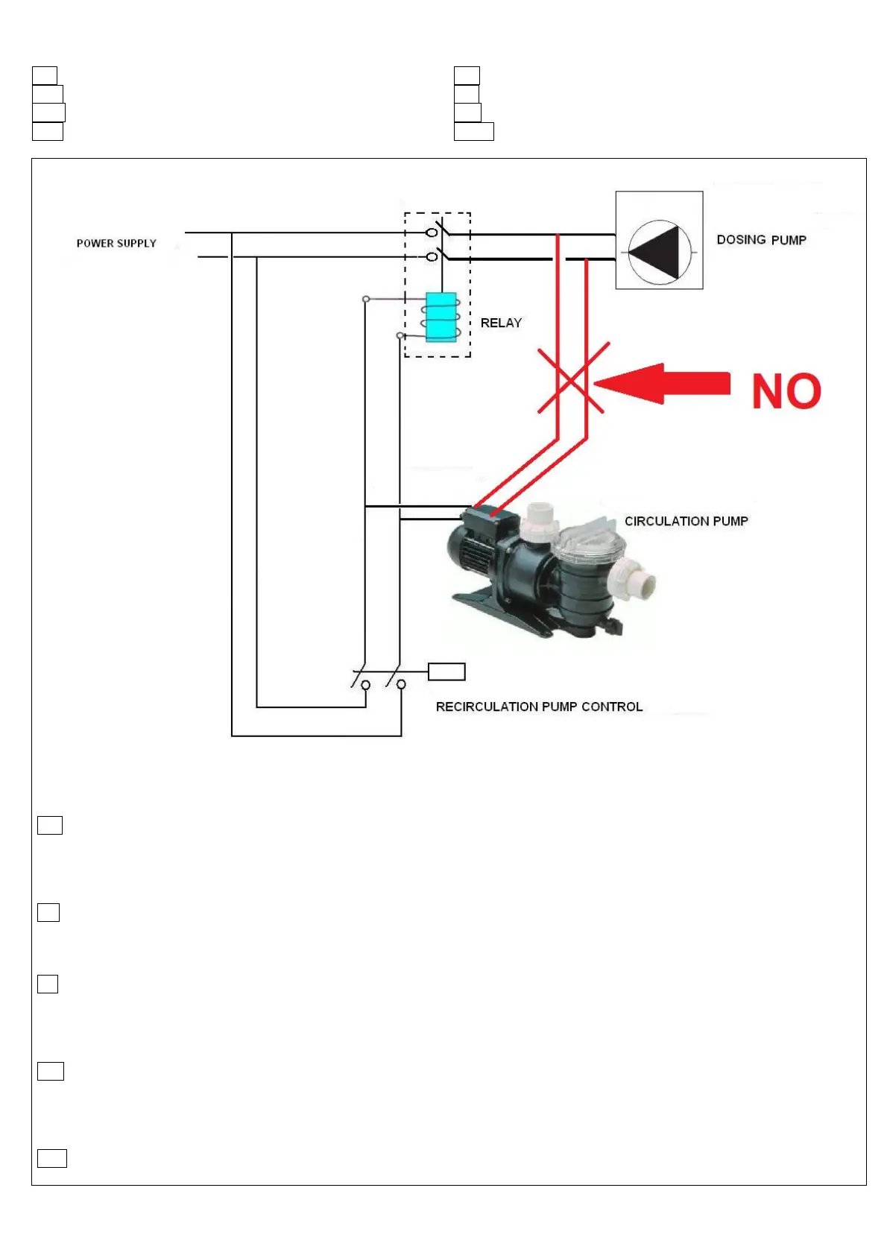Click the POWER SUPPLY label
coord(116,244)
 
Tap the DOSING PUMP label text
coord(761,240)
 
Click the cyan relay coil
coord(441,317)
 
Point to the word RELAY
coord(501,323)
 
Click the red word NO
coord(786,391)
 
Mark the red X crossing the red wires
coord(572,378)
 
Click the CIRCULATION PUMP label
coord(686,522)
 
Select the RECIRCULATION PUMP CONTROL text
coord(539,706)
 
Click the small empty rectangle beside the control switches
coord(446,671)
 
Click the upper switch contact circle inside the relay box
coord(431,233)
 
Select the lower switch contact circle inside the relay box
coord(431,257)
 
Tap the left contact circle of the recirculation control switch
coord(365,684)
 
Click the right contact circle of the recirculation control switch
coord(401,684)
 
